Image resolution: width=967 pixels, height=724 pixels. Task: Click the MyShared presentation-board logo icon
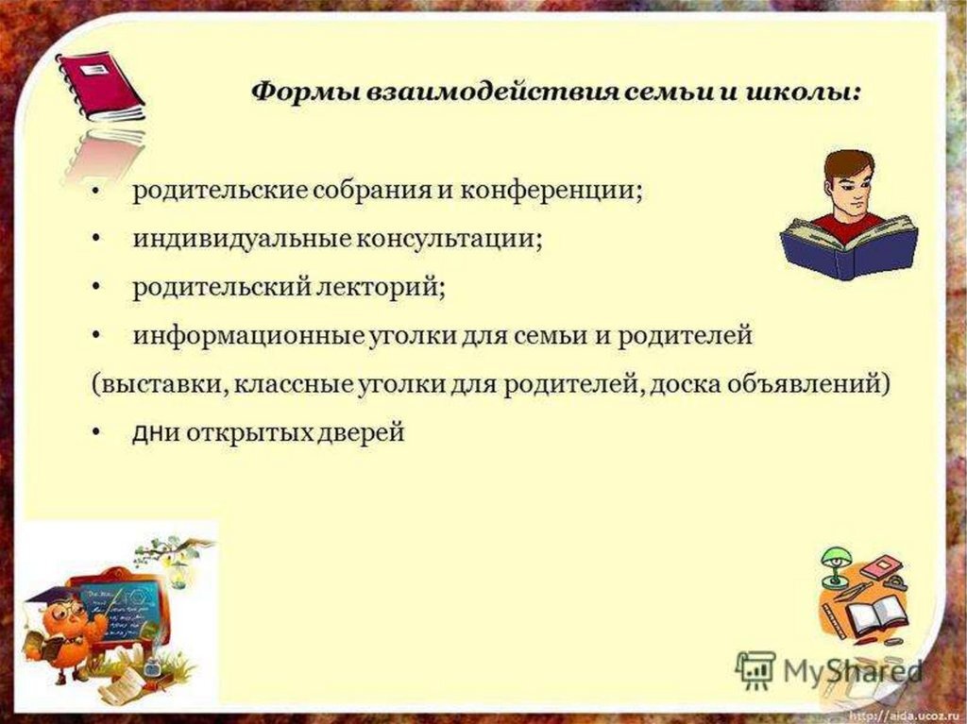(x=755, y=668)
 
